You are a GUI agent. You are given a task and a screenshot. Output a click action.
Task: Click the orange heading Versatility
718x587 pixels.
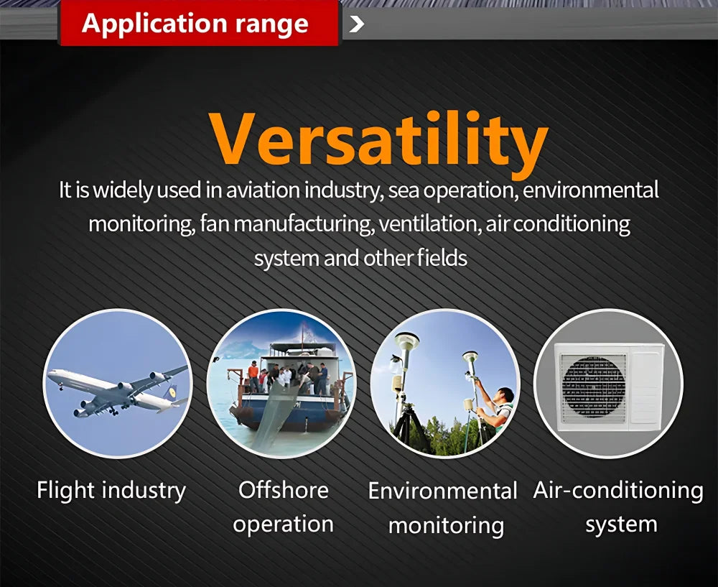coord(379,141)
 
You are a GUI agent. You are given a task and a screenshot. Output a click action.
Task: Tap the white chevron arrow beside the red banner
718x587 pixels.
coord(357,24)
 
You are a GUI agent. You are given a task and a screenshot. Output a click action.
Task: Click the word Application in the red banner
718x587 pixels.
coord(154,24)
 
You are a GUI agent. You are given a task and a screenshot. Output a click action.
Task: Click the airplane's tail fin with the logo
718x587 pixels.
coord(171,392)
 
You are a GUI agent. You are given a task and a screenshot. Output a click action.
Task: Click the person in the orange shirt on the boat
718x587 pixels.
coord(253,375)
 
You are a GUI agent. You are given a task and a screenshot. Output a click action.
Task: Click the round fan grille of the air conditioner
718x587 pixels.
coord(594,387)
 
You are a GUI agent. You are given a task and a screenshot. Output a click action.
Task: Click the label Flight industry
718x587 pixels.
coord(111,491)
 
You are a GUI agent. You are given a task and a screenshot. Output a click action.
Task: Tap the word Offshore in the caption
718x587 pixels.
coord(284,490)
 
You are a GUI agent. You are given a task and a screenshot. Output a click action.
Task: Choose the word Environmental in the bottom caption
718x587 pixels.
coord(443,491)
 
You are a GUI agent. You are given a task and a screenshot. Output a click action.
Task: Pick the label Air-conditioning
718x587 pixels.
coord(618,491)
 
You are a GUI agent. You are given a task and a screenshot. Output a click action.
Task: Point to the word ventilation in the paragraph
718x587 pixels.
coord(430,224)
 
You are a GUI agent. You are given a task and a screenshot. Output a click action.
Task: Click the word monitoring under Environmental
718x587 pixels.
coord(446,526)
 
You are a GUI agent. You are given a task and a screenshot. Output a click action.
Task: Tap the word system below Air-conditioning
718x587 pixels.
coord(621,525)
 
